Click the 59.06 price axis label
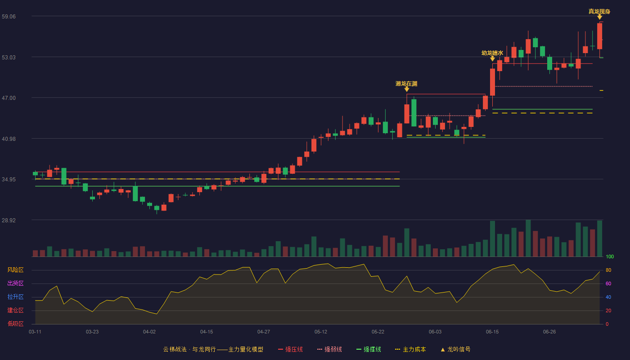pyautogui.click(x=9, y=16)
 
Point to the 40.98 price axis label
pyautogui.click(x=9, y=139)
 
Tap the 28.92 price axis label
pyautogui.click(x=9, y=220)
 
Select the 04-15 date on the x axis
pyautogui.click(x=207, y=332)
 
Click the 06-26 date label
pyautogui.click(x=549, y=332)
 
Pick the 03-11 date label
pyautogui.click(x=35, y=332)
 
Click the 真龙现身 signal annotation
pyautogui.click(x=599, y=12)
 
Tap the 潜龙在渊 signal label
pyautogui.click(x=406, y=84)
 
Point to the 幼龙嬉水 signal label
pyautogui.click(x=492, y=53)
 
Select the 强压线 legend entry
pyautogui.click(x=290, y=349)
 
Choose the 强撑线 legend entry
pyautogui.click(x=369, y=349)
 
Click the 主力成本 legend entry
pyautogui.click(x=410, y=349)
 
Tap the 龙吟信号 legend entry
pyautogui.click(x=455, y=349)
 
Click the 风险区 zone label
pyautogui.click(x=15, y=270)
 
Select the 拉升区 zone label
pyautogui.click(x=15, y=297)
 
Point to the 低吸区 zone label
pyautogui.click(x=15, y=324)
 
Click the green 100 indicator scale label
pyautogui.click(x=610, y=256)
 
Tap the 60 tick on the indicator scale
pyautogui.click(x=608, y=283)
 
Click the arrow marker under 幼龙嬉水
pyautogui.click(x=492, y=58)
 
